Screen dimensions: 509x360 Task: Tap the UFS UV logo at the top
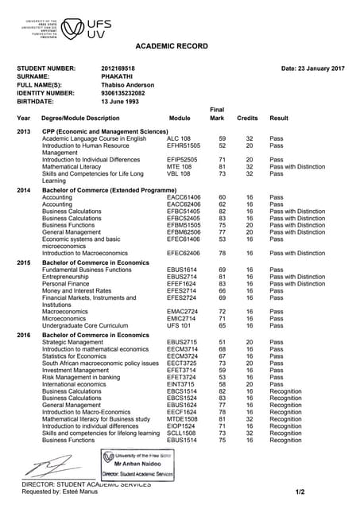click(x=79, y=29)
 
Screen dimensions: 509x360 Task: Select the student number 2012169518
click(x=118, y=69)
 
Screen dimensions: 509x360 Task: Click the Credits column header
click(x=248, y=118)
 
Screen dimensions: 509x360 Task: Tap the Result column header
click(x=279, y=118)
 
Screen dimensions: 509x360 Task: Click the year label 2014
click(x=24, y=191)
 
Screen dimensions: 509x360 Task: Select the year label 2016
click(x=24, y=334)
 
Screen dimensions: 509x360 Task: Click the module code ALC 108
click(x=179, y=138)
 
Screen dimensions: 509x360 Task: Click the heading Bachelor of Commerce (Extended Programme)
click(x=109, y=191)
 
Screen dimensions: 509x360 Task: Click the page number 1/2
click(x=300, y=492)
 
